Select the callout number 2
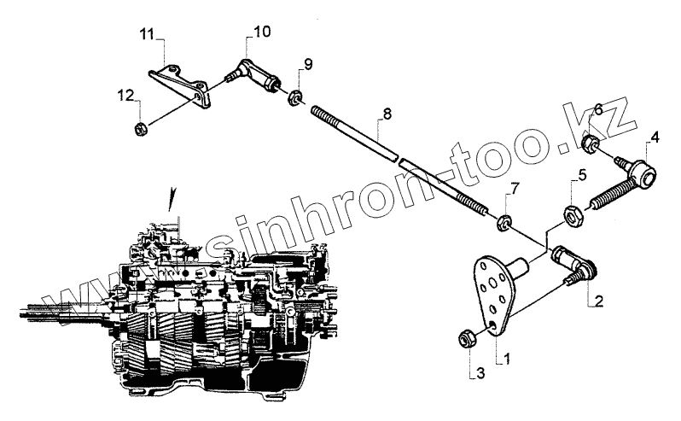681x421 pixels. (x=600, y=301)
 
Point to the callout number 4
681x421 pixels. (x=655, y=136)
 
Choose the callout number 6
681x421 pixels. (x=597, y=109)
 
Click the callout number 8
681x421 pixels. (x=387, y=112)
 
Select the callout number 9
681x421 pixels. (x=308, y=63)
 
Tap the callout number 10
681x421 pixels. (x=260, y=32)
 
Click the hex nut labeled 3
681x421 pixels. (x=468, y=338)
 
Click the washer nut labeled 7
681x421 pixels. (x=503, y=225)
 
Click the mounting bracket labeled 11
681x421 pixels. (x=182, y=84)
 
